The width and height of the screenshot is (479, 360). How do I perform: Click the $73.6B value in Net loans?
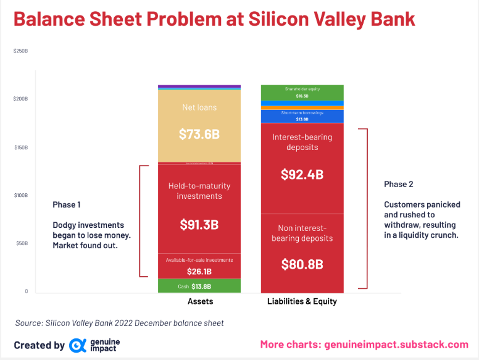tap(199, 134)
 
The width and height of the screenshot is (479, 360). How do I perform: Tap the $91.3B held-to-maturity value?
tap(199, 225)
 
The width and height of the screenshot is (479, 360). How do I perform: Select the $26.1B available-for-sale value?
tap(199, 271)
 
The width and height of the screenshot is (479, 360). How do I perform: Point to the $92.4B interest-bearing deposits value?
tap(302, 174)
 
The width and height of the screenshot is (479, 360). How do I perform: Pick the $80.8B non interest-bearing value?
tap(302, 264)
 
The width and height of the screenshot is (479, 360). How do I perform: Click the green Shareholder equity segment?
tap(302, 92)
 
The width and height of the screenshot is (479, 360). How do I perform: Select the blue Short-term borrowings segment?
tap(302, 116)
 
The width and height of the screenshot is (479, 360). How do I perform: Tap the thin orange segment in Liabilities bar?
tap(302, 107)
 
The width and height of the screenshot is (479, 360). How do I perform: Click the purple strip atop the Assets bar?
tap(199, 86)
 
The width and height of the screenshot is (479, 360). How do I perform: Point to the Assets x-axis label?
tap(200, 301)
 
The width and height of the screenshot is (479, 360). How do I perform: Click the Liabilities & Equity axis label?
tap(302, 301)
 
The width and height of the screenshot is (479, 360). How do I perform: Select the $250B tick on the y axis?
tap(20, 51)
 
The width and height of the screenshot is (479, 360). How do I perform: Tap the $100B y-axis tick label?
tap(20, 195)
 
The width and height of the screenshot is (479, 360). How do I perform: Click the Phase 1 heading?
tap(67, 204)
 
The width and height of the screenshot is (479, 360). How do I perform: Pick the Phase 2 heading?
tap(399, 184)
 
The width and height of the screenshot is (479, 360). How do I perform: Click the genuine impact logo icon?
tap(77, 345)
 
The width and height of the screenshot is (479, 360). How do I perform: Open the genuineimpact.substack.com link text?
tap(396, 345)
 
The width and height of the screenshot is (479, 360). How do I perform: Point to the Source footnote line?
tap(119, 323)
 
